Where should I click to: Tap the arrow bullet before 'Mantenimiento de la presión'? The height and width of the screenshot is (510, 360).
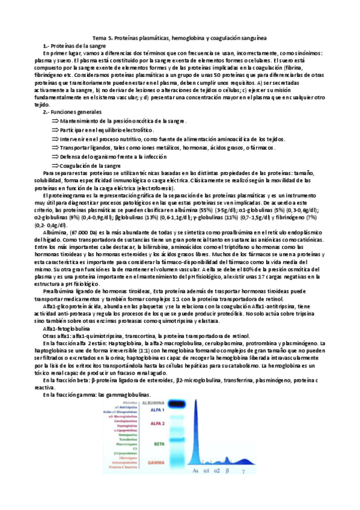tap(56, 121)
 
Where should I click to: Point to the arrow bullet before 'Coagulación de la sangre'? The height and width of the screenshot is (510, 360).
tap(56, 165)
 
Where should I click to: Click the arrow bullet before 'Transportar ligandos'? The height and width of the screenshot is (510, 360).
tap(56, 148)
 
